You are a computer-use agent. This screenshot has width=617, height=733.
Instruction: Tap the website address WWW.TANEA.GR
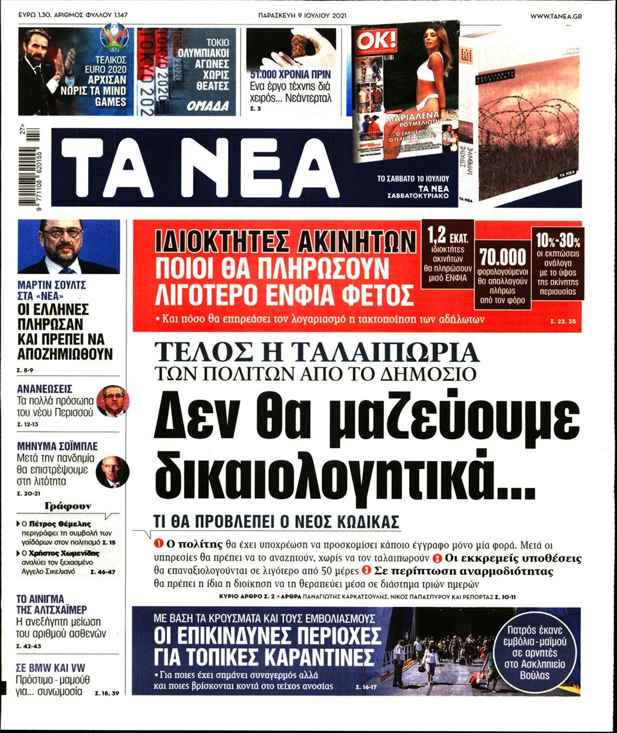556,16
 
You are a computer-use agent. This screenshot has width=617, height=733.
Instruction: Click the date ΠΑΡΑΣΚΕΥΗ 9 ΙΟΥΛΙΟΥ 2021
308,16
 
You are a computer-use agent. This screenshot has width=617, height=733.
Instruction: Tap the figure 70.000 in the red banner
503,258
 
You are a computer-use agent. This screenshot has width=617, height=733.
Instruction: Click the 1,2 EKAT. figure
447,234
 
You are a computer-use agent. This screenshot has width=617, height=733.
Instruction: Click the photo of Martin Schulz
69,247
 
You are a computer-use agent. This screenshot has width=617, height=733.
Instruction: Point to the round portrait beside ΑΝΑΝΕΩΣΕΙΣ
112,401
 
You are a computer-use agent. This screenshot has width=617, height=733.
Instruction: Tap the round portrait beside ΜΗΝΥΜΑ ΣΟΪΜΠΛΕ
112,472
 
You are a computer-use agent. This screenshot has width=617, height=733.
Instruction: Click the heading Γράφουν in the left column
68,506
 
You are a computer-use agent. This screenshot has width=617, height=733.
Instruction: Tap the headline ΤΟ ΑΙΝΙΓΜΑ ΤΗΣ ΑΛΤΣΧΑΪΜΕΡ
51,604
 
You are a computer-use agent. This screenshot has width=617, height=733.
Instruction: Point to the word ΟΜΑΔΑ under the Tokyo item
208,106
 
